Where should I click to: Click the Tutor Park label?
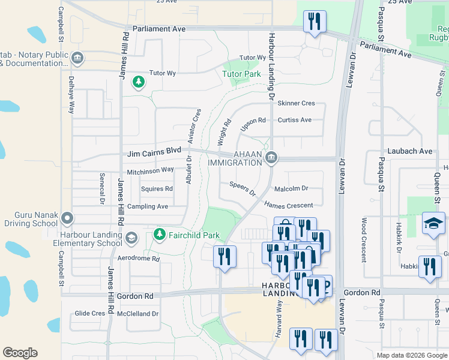(x=242, y=74)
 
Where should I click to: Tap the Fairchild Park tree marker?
(x=159, y=233)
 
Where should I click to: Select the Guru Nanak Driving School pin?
(x=67, y=218)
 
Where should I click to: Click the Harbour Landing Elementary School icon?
(x=130, y=239)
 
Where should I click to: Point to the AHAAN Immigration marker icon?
(x=271, y=157)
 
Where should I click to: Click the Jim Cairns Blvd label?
(x=154, y=154)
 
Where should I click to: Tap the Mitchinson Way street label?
(x=150, y=170)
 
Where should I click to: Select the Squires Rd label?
(x=157, y=188)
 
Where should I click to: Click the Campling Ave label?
(x=147, y=206)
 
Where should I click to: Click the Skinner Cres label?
(x=296, y=103)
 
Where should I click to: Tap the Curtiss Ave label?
(x=294, y=120)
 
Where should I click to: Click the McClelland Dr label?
(x=138, y=313)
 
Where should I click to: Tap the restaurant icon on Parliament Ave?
(x=315, y=22)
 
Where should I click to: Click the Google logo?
(x=20, y=353)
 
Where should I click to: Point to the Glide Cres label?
(x=90, y=313)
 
